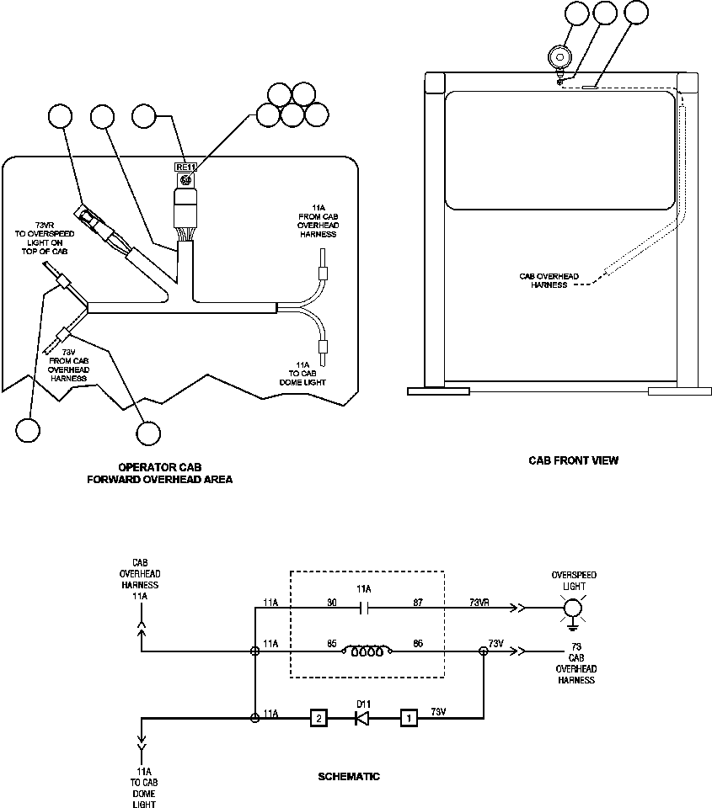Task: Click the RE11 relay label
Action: point(185,167)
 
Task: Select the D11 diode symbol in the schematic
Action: point(362,718)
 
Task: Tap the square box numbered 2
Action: point(318,718)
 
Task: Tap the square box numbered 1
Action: point(409,718)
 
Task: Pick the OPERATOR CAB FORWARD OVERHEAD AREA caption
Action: point(160,473)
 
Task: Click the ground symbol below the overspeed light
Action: point(574,626)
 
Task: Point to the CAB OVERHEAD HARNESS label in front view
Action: point(549,280)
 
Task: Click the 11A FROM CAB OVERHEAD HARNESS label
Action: point(319,221)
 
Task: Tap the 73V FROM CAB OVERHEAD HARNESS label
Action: point(68,364)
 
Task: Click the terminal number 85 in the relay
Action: point(332,643)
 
